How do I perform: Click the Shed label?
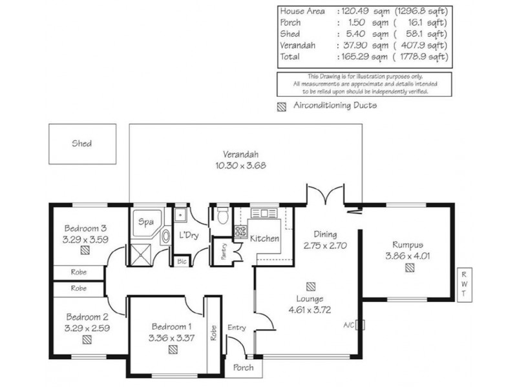pos(81,144)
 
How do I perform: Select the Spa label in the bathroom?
pos(146,222)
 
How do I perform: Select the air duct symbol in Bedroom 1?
pos(173,350)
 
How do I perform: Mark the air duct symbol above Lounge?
pos(311,284)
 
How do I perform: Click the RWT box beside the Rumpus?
pos(463,284)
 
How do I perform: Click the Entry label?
pos(237,328)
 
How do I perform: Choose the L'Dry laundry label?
pos(188,235)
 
